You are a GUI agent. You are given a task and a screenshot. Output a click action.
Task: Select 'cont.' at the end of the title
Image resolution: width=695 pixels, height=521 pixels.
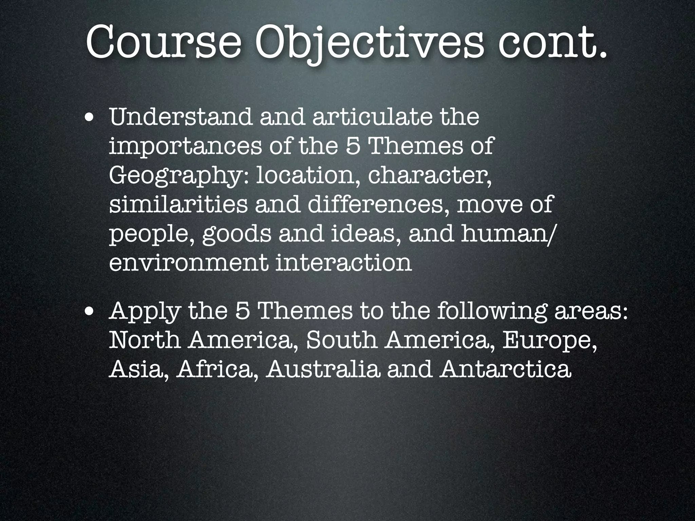pyautogui.click(x=552, y=42)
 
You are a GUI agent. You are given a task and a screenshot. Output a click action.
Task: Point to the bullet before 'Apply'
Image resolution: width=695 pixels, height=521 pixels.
pyautogui.click(x=90, y=312)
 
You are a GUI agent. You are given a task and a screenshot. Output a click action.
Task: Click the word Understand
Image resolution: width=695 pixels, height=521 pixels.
pyautogui.click(x=181, y=117)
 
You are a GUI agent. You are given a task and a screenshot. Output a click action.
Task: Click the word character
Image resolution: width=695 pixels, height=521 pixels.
pyautogui.click(x=429, y=176)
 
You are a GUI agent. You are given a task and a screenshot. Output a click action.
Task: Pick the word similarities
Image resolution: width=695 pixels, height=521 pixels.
pyautogui.click(x=178, y=205)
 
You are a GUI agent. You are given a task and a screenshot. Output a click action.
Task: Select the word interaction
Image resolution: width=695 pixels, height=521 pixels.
pyautogui.click(x=343, y=263)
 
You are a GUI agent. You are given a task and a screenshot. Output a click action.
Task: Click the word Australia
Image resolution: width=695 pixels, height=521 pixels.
pyautogui.click(x=323, y=370)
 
